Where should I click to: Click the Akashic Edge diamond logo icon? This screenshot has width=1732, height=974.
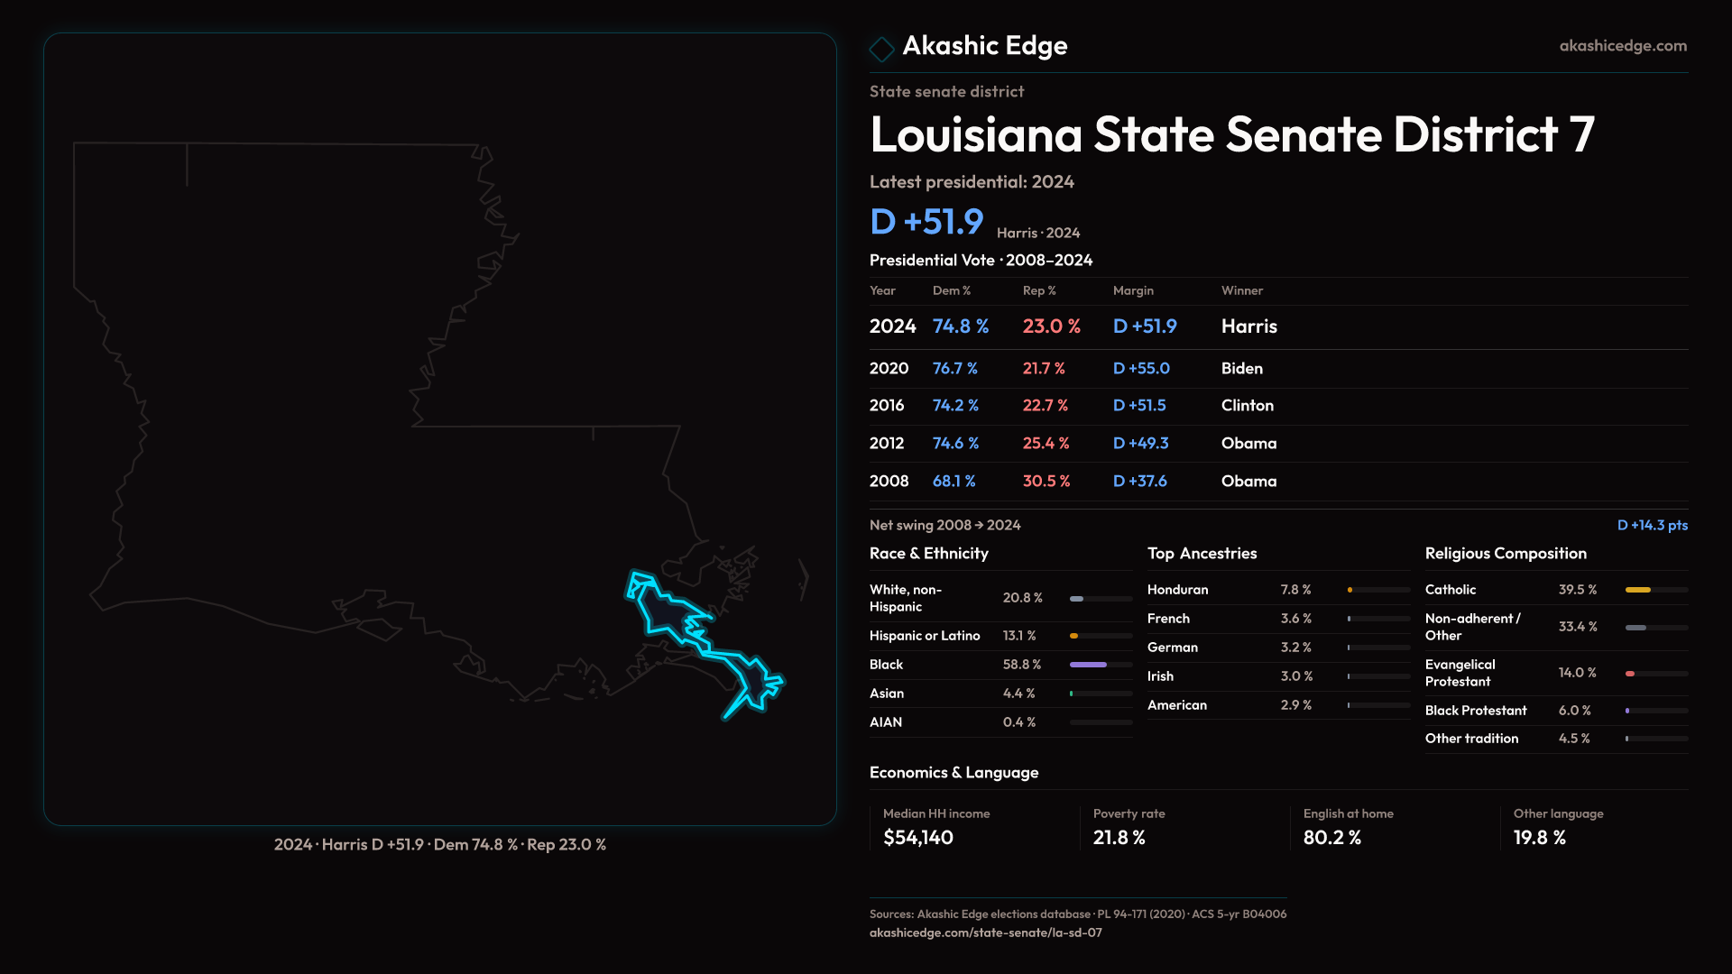881,48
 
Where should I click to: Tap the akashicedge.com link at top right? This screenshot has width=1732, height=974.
1623,46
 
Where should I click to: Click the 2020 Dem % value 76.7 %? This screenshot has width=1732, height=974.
954,369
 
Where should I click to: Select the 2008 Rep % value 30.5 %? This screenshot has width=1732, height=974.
1046,482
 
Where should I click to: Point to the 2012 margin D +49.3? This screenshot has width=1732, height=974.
1140,444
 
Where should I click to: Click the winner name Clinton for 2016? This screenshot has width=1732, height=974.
1247,406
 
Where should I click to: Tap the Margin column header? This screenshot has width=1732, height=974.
1133,290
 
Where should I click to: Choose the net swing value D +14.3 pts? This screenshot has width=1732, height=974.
1652,525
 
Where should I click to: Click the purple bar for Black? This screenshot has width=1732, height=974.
1088,665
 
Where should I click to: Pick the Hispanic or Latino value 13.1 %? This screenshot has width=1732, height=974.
1019,636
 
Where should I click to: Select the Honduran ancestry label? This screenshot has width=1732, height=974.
1177,590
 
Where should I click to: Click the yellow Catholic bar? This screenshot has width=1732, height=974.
1637,590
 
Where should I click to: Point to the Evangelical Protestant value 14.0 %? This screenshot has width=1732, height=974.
1577,673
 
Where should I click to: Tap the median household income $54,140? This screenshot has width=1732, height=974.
917,838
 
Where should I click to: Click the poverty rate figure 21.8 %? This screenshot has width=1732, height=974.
1119,838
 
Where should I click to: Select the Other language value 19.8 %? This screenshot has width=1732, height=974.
1539,838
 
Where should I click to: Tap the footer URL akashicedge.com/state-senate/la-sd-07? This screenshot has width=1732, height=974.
985,933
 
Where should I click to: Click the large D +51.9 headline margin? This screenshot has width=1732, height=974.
926,222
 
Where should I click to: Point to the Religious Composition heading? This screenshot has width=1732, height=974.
1506,554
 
